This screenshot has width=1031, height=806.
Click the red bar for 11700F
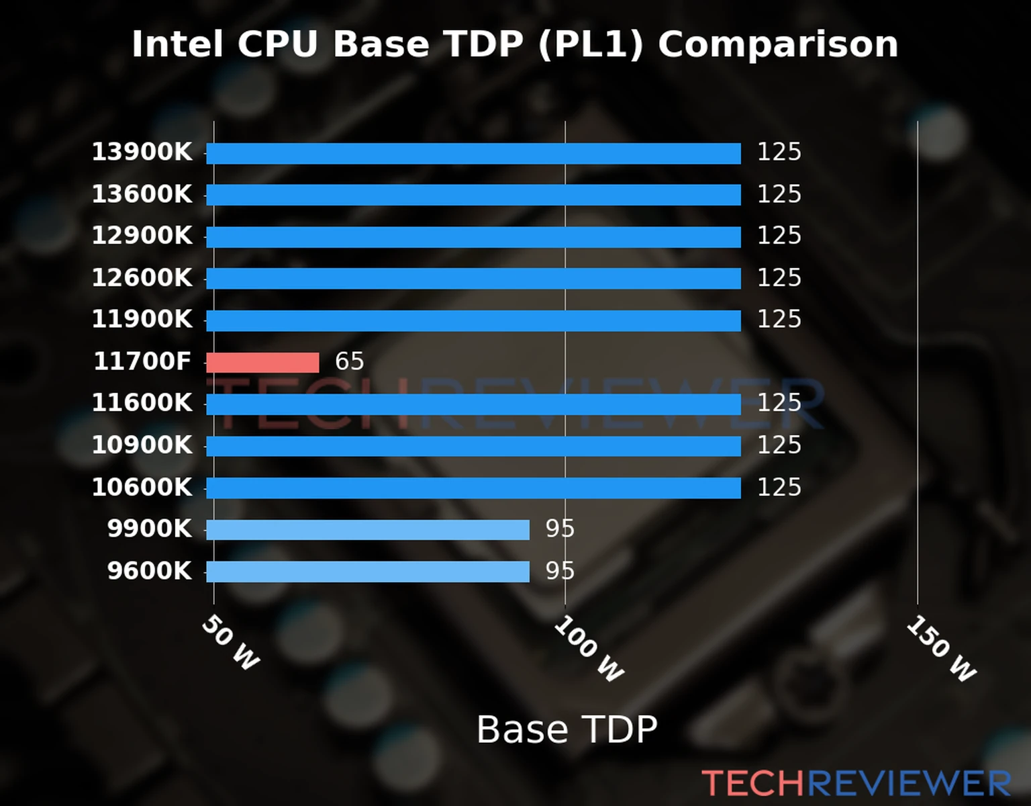262,363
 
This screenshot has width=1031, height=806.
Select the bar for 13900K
473,153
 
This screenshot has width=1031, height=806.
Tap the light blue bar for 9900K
367,530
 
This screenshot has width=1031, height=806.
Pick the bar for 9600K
367,572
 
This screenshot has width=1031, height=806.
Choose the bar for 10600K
473,488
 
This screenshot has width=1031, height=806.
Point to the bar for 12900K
473,237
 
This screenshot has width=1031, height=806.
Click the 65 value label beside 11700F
349,361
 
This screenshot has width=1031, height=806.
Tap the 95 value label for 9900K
560,529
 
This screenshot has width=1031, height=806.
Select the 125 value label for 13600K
779,194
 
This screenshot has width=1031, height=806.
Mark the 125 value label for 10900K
779,445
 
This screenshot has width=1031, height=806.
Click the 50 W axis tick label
230,643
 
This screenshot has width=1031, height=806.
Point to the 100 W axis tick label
589,649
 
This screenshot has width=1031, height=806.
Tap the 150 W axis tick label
941,649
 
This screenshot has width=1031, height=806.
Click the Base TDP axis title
567,729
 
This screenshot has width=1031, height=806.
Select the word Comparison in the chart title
777,44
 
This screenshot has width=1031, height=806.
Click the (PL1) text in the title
590,44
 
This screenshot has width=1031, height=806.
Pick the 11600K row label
142,403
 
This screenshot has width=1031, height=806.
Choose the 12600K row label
142,277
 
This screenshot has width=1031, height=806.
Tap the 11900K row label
142,319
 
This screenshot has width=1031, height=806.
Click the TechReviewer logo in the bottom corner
856,783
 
